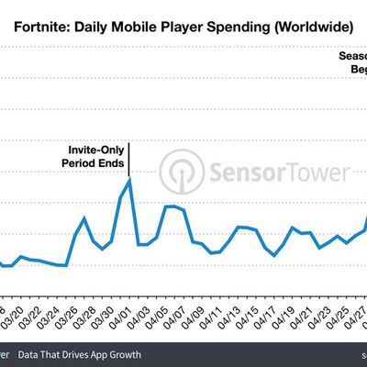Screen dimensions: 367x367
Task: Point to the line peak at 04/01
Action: pos(129,180)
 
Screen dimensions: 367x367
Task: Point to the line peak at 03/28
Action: pos(84,218)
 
